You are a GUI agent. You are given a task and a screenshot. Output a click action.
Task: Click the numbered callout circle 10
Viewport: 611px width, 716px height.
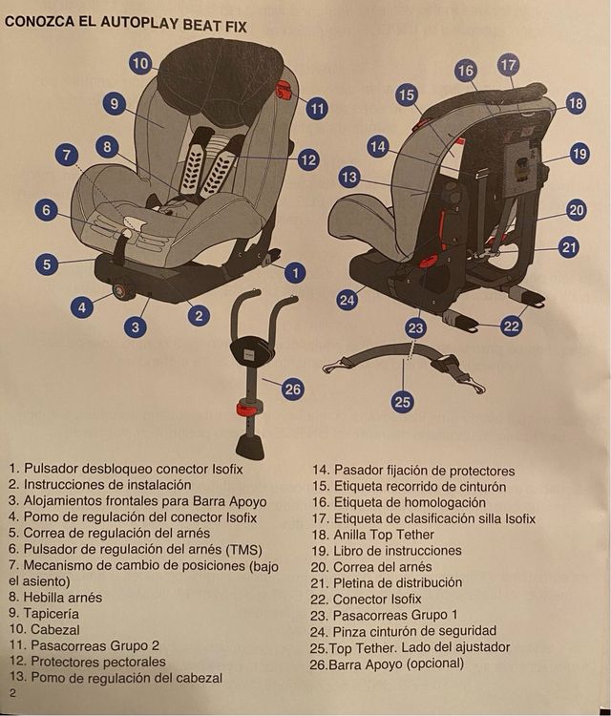(x=140, y=64)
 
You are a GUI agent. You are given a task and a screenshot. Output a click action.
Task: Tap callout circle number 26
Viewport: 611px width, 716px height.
(x=293, y=389)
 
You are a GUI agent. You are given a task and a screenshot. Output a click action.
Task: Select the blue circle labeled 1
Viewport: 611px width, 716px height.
(x=296, y=272)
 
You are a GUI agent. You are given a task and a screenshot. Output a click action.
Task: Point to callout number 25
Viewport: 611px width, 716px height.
(x=402, y=402)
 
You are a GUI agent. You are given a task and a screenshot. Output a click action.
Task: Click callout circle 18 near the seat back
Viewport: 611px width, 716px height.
(x=575, y=103)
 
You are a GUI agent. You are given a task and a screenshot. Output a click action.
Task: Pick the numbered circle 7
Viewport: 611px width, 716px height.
(x=66, y=155)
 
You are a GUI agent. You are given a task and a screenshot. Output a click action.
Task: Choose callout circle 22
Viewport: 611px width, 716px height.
(x=512, y=326)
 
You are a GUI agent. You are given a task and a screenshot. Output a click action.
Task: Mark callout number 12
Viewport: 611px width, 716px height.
(x=307, y=159)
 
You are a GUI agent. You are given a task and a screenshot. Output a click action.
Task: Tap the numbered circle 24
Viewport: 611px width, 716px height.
(x=348, y=300)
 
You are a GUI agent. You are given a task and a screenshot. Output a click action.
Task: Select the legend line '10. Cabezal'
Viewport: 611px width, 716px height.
(x=44, y=630)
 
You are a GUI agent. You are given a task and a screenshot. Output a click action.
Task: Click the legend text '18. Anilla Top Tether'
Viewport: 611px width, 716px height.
(x=385, y=535)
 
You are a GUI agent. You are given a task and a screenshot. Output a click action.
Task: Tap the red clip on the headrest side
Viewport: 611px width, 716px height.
(x=283, y=91)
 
